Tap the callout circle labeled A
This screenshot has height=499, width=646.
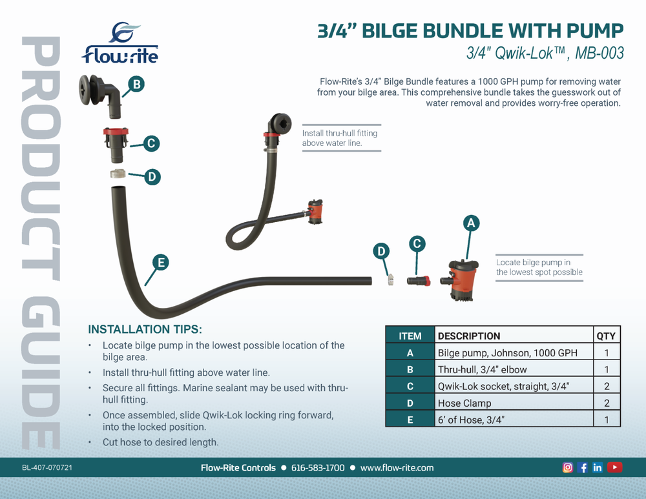coord(471,223)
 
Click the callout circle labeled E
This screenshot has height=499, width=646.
coord(160,261)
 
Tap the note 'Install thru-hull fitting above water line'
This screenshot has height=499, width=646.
coord(340,137)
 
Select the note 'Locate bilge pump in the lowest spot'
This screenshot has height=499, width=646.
coord(539,267)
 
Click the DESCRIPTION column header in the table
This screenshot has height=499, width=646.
coord(469,336)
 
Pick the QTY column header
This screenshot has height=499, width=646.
coord(606,336)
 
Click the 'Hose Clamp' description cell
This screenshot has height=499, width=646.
coord(464,403)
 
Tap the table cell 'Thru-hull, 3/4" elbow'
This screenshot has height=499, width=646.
coord(482,369)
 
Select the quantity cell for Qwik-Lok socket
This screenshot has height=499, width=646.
coord(606,386)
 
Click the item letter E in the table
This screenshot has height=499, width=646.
coord(410,420)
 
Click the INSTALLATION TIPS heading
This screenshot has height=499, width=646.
coord(145,329)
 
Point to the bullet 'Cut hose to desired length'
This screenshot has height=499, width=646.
coord(160,443)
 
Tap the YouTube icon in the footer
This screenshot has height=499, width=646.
coord(615,467)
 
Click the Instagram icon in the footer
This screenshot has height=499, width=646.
coord(568,467)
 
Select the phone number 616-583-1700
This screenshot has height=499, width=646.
coord(318,467)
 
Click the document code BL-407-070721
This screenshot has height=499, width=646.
coord(47,467)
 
